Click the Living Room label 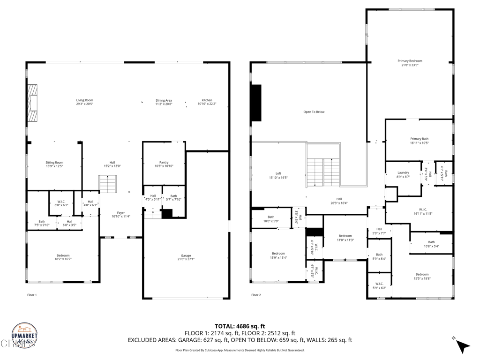coord(85,102)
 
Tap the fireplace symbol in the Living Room coord(32,104)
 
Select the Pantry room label coord(164,164)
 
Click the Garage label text coord(186,257)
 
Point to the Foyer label coord(121,215)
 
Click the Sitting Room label coord(54,164)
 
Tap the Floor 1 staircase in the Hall coord(108,184)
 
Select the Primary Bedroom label coord(410,63)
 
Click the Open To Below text coord(314,112)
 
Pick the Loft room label coord(278,175)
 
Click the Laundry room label coord(403,174)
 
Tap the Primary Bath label coord(419,141)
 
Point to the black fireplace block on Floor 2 coord(256,103)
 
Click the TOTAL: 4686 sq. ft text coord(240,326)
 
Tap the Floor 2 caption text coord(255,295)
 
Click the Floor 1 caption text coord(32,295)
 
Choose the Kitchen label coord(207,102)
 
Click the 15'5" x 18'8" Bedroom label coord(422,276)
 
